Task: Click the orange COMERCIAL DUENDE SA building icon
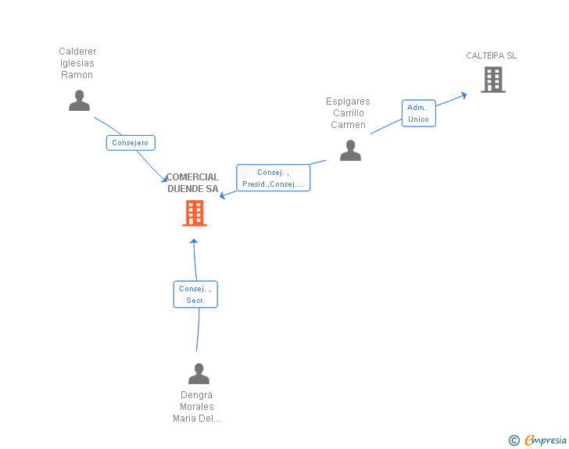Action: [195, 213]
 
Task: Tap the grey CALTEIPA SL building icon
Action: [492, 80]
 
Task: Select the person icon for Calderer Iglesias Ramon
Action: [79, 101]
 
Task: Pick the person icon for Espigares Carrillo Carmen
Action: [350, 151]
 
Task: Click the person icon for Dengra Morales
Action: [199, 374]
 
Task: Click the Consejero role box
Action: [131, 143]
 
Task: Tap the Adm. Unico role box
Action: [418, 113]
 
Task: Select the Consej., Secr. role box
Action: [195, 294]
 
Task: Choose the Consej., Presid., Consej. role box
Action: [273, 178]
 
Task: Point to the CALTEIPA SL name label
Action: [491, 55]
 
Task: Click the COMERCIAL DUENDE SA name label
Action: [192, 183]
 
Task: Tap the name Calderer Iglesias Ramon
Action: [77, 63]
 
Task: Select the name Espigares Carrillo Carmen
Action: [348, 113]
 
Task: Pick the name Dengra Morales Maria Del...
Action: [197, 407]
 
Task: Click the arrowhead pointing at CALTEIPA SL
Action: [463, 94]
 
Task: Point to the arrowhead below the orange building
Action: [194, 241]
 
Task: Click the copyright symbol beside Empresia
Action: [514, 441]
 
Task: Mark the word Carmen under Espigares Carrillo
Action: [348, 125]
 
